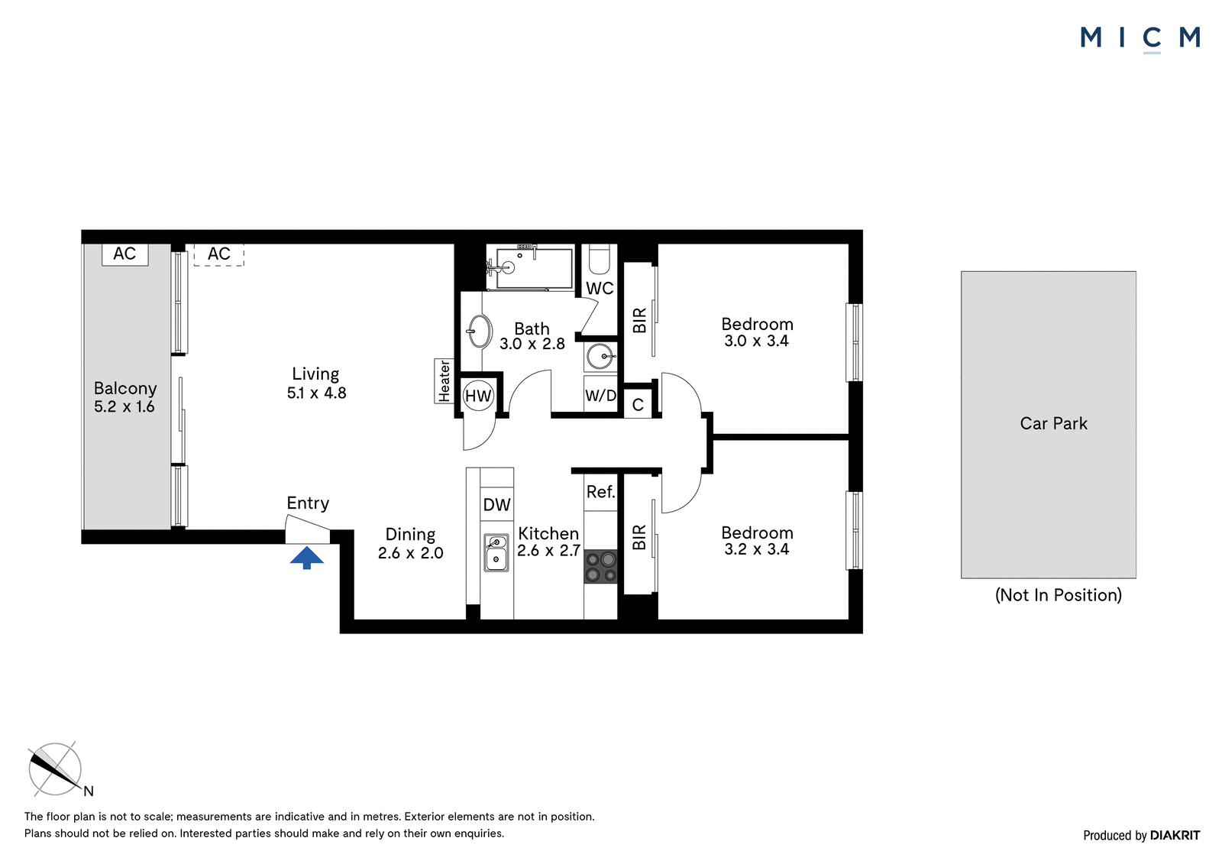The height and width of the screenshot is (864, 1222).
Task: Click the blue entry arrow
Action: [x=306, y=558]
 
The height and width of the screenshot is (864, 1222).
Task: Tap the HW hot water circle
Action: [x=478, y=396]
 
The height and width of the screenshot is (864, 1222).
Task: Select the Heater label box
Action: [x=444, y=381]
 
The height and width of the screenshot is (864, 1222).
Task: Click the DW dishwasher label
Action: [x=496, y=505]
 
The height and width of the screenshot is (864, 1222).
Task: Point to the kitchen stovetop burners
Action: [x=600, y=567]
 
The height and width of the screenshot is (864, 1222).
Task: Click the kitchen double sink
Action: [x=496, y=552]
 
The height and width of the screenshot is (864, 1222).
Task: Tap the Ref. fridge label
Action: [x=600, y=492]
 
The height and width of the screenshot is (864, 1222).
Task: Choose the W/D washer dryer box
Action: [x=600, y=395]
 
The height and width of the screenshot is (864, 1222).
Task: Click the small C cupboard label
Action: [x=638, y=405]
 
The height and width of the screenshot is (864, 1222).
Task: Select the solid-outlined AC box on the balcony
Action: [x=125, y=254]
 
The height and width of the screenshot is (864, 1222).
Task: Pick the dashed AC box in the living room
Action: [x=218, y=254]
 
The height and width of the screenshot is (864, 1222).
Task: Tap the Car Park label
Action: [x=1053, y=423]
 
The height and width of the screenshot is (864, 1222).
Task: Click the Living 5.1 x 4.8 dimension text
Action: [x=316, y=393]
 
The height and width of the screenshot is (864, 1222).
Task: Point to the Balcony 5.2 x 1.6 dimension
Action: [x=124, y=406]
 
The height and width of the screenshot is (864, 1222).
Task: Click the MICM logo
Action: [x=1140, y=39]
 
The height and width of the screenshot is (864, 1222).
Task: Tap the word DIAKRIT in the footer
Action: [x=1175, y=835]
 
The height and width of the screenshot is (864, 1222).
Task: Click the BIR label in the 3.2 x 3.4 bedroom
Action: [x=638, y=537]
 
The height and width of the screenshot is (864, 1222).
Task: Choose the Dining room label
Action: [x=410, y=534]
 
